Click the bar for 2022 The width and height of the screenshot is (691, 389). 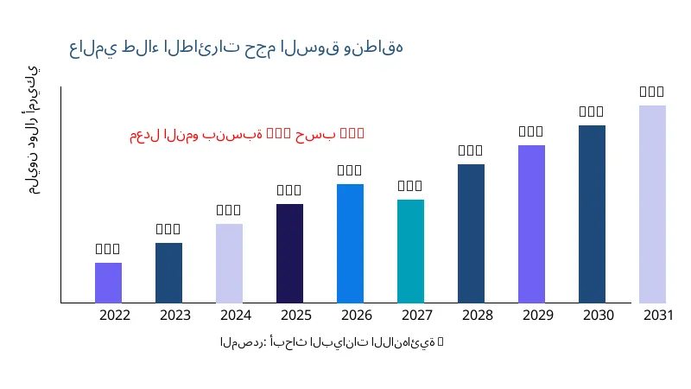pyautogui.click(x=108, y=283)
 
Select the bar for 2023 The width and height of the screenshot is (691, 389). pyautogui.click(x=168, y=272)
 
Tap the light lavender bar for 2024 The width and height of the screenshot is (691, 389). pyautogui.click(x=229, y=263)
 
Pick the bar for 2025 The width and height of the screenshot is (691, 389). pyautogui.click(x=289, y=253)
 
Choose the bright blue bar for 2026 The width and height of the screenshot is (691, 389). pyautogui.click(x=350, y=243)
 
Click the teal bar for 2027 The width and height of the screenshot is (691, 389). pyautogui.click(x=410, y=251)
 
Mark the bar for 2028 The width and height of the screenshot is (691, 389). pyautogui.click(x=471, y=233)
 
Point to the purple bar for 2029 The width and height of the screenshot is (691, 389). pyautogui.click(x=531, y=224)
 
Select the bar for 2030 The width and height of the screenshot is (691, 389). pyautogui.click(x=592, y=214)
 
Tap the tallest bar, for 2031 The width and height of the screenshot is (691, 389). pyautogui.click(x=652, y=204)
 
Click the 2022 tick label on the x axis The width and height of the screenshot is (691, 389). pyautogui.click(x=115, y=316)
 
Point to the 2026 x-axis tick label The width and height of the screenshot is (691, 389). pyautogui.click(x=357, y=316)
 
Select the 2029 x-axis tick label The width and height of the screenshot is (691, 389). pyautogui.click(x=538, y=316)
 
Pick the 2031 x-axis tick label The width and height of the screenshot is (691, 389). pyautogui.click(x=659, y=316)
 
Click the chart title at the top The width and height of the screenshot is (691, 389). pyautogui.click(x=236, y=48)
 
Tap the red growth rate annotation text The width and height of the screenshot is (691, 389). pyautogui.click(x=247, y=134)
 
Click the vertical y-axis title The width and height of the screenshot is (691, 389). pyautogui.click(x=33, y=130)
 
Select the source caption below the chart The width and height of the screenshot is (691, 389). pyautogui.click(x=332, y=342)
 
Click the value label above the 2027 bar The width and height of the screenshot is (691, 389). pyautogui.click(x=410, y=186)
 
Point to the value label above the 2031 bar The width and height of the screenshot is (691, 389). pyautogui.click(x=652, y=92)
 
